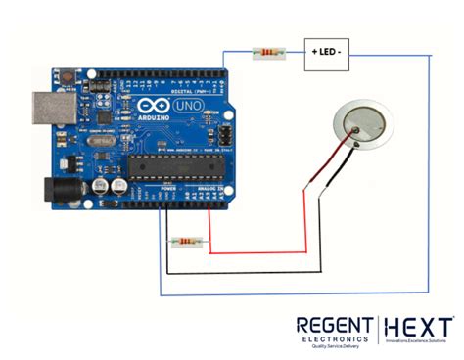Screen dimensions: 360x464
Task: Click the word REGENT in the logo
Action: (332, 325)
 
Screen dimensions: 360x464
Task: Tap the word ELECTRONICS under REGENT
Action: (332, 338)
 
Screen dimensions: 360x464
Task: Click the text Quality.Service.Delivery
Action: (332, 346)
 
